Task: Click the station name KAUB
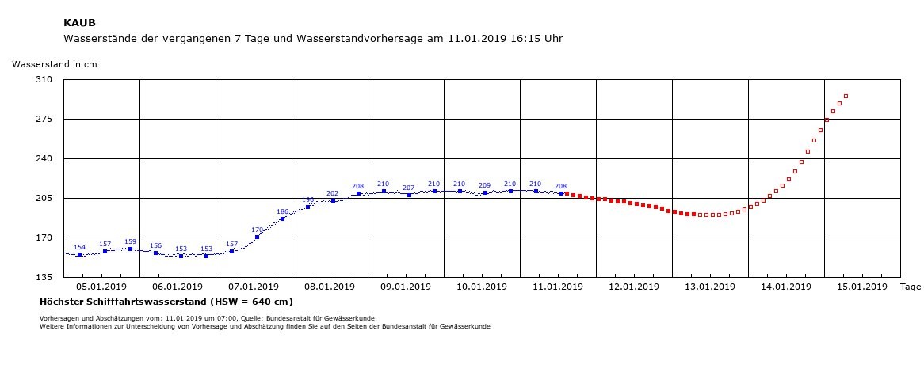click(x=79, y=23)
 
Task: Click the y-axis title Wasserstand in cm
click(x=54, y=64)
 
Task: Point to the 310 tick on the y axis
click(x=45, y=79)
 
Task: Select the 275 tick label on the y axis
click(x=45, y=119)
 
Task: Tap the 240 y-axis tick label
click(x=45, y=158)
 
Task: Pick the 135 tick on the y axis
click(x=45, y=277)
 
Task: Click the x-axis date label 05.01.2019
click(x=102, y=287)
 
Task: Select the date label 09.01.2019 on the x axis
click(x=406, y=287)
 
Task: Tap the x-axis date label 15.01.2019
click(x=862, y=287)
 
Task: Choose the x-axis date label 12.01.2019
click(x=634, y=287)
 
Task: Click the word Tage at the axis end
click(x=911, y=287)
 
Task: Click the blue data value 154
click(x=79, y=248)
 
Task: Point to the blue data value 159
click(x=130, y=241)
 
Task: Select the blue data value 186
click(x=282, y=211)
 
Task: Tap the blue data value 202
click(x=332, y=193)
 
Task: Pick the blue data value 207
click(x=408, y=188)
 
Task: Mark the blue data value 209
click(x=484, y=185)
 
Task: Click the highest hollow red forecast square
click(x=846, y=96)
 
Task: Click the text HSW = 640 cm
click(x=250, y=302)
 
